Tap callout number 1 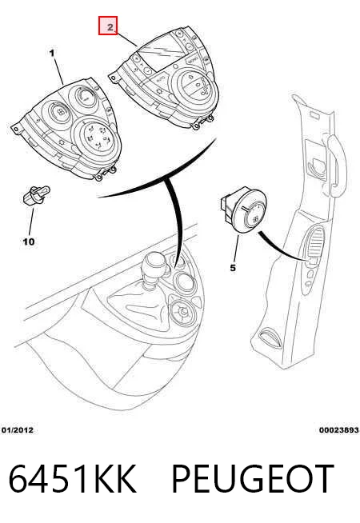(x=52, y=53)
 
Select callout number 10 (x=29, y=242)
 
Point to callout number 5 (x=233, y=268)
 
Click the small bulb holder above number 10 (x=36, y=194)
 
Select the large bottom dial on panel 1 (x=97, y=136)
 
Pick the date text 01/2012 (x=18, y=430)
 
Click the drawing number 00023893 (x=338, y=430)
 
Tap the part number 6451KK (x=72, y=479)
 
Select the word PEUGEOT (x=253, y=479)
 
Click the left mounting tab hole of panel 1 (x=14, y=129)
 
